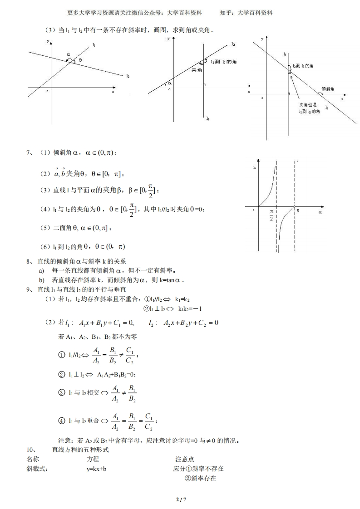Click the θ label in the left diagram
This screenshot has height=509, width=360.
coord(80,60)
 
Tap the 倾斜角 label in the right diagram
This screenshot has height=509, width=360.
coord(328,89)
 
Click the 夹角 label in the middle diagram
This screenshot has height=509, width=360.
coord(196,70)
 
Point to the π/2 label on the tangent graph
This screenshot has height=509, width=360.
coord(271,215)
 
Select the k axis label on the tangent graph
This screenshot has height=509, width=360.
coord(254,168)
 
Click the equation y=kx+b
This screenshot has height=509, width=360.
coord(97,469)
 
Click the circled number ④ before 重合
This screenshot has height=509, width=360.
coord(62,421)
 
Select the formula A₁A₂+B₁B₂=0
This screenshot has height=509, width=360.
coord(117,375)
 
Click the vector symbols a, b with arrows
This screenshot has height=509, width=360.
coord(60,172)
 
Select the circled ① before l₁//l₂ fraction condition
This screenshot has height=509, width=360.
coord(62,355)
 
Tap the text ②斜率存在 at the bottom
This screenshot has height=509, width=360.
coord(200,478)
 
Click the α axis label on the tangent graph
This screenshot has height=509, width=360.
coord(320,211)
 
